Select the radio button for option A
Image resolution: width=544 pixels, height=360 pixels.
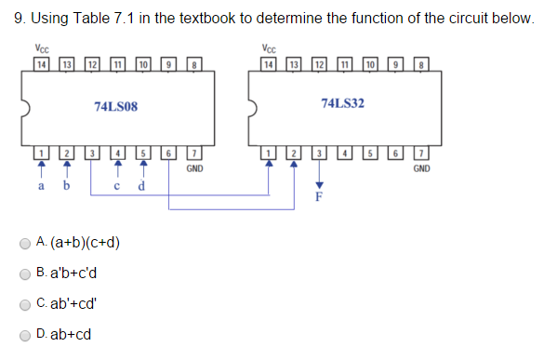pyautogui.click(x=26, y=245)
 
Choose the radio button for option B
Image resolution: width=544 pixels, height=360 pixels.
pyautogui.click(x=26, y=274)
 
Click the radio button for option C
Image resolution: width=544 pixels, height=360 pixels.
pyautogui.click(x=26, y=304)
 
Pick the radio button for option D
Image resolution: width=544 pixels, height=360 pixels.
pyautogui.click(x=26, y=334)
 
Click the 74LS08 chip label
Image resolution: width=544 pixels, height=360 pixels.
pyautogui.click(x=116, y=107)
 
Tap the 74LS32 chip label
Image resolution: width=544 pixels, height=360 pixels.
pyautogui.click(x=342, y=102)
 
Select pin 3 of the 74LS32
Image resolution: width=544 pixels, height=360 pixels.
pyautogui.click(x=318, y=153)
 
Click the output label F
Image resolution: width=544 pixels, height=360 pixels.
pyautogui.click(x=318, y=197)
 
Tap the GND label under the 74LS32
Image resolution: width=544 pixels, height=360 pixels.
pyautogui.click(x=421, y=169)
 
